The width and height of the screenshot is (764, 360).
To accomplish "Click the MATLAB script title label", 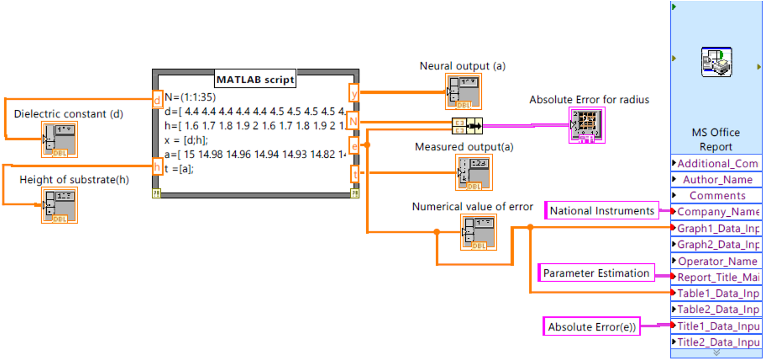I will click(x=255, y=79).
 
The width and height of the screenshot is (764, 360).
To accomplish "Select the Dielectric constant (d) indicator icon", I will click(x=60, y=139).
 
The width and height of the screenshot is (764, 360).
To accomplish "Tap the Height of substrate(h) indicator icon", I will click(x=60, y=206).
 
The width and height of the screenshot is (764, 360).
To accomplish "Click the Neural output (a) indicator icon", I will click(x=463, y=92).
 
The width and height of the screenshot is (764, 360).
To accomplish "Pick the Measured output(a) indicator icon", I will click(x=474, y=173).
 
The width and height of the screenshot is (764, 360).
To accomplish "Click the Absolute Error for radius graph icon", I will click(x=587, y=125).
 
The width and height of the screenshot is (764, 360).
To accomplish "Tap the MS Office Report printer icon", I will click(x=717, y=62).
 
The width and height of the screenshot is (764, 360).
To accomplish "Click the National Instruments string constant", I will click(x=602, y=211).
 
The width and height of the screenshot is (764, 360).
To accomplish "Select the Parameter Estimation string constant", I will click(x=596, y=273).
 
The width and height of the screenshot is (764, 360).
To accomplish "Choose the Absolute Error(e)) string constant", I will click(x=591, y=327).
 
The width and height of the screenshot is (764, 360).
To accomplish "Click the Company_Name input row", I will click(x=717, y=212).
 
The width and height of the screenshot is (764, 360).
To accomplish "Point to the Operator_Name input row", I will click(x=717, y=261).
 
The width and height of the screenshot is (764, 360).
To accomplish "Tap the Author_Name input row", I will click(x=717, y=180).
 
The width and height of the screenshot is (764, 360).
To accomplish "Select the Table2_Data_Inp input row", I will click(x=717, y=309).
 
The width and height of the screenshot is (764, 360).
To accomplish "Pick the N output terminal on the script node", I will click(x=353, y=122).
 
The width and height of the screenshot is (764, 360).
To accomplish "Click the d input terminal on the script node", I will click(x=157, y=100).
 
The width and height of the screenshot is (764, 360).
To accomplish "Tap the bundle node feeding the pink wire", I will click(x=467, y=126).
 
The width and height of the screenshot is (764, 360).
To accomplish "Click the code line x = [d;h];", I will click(x=186, y=140).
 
